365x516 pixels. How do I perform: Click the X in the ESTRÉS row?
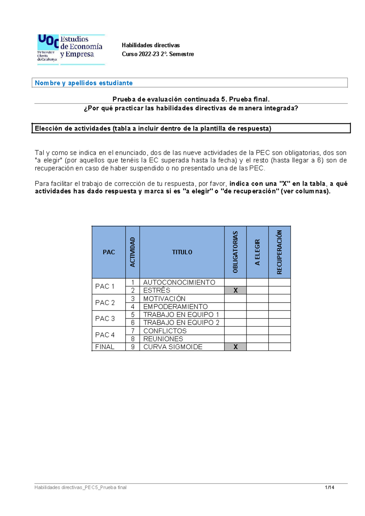[x=235, y=291]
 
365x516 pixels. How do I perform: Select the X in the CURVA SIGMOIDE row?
[x=235, y=347]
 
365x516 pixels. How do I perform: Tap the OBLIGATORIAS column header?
[x=235, y=252]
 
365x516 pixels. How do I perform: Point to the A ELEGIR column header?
[x=257, y=252]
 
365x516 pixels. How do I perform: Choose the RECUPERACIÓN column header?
[x=280, y=252]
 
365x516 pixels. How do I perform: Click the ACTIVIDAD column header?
[x=133, y=252]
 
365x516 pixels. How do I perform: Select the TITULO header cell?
[x=182, y=252]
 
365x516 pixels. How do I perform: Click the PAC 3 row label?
[x=105, y=319]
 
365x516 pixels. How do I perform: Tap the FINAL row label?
[x=105, y=347]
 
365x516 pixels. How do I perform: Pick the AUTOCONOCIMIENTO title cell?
[x=179, y=282]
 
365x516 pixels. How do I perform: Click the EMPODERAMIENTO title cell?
[x=176, y=307]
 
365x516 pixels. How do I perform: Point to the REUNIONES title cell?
[x=163, y=339]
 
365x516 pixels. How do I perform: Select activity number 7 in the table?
[x=133, y=331]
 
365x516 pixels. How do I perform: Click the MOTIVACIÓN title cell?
[x=164, y=299]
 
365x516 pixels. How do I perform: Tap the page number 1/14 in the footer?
[x=329, y=487]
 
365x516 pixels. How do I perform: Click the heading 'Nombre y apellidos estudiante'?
[x=84, y=83]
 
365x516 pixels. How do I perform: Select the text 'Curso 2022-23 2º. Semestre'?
[x=158, y=54]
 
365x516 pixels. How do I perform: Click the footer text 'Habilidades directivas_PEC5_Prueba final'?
[x=80, y=487]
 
